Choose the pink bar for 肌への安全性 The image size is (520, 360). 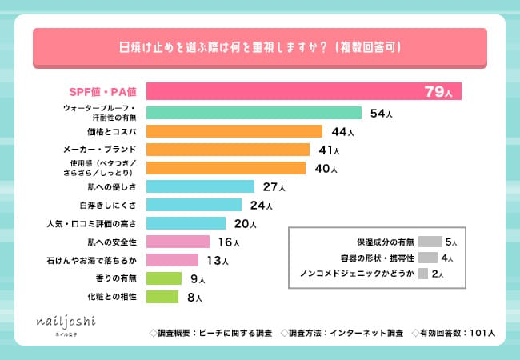tap(178, 242)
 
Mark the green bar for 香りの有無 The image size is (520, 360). tap(164, 278)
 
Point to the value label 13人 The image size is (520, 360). tap(214, 260)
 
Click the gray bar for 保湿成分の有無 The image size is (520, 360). tap(430, 241)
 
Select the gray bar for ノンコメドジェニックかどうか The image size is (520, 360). tap(423, 274)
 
